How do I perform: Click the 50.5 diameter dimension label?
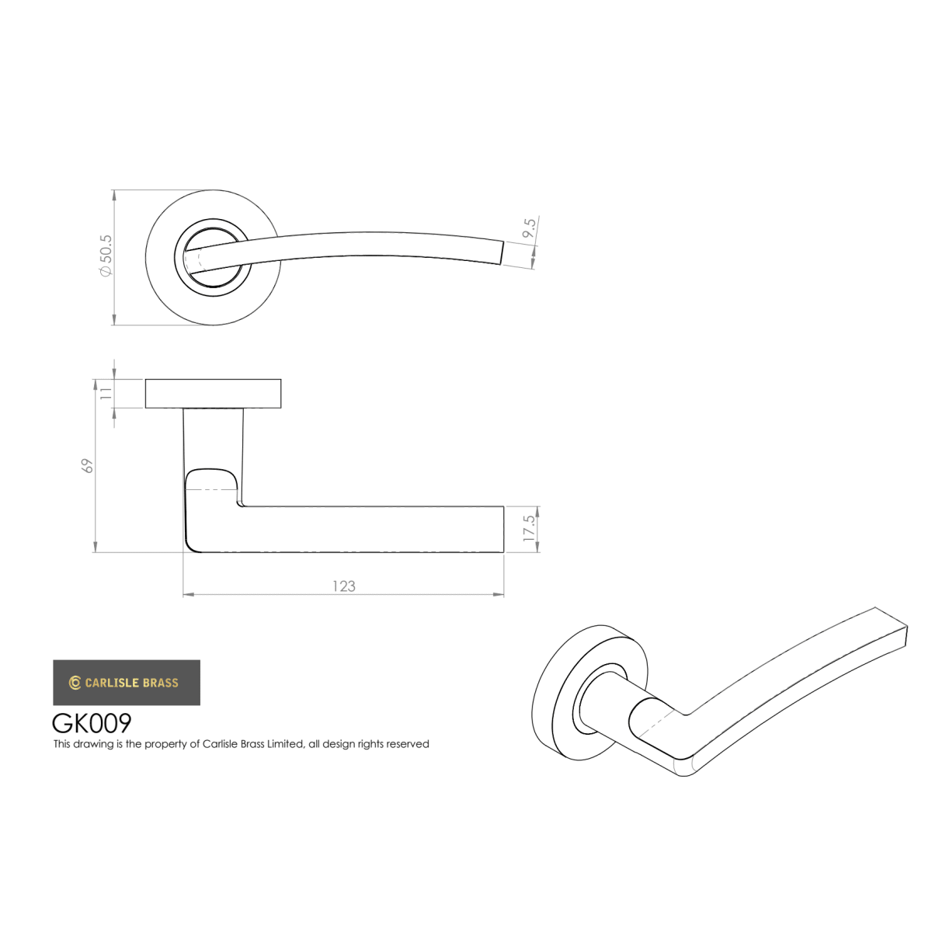[106, 256]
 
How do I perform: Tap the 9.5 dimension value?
[529, 228]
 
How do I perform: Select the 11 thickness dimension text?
[106, 392]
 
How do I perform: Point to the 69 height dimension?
[88, 466]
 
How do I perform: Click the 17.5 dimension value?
[530, 528]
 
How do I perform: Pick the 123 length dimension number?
[344, 586]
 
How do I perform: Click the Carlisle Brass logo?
[127, 683]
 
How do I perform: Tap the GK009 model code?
[92, 724]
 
